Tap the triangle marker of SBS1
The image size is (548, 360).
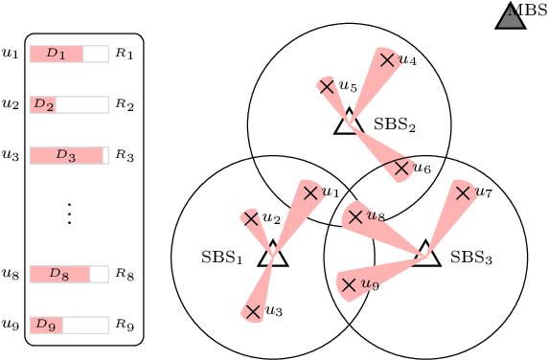point(273,256)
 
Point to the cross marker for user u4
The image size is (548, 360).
point(387,59)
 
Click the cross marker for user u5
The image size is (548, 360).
point(327,86)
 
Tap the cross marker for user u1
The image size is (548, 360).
point(310,192)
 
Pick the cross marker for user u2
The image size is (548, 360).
point(251,218)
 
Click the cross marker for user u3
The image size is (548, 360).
point(253,310)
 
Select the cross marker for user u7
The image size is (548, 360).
point(464,192)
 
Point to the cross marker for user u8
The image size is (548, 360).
point(355,216)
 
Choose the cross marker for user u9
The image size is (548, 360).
point(349,284)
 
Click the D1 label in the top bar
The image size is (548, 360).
point(57,54)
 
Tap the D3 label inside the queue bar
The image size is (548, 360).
point(65,154)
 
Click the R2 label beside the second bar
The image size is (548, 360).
point(124,103)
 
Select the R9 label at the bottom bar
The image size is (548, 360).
point(124,325)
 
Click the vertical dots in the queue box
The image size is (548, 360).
point(69,214)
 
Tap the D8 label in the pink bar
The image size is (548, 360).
point(58,275)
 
